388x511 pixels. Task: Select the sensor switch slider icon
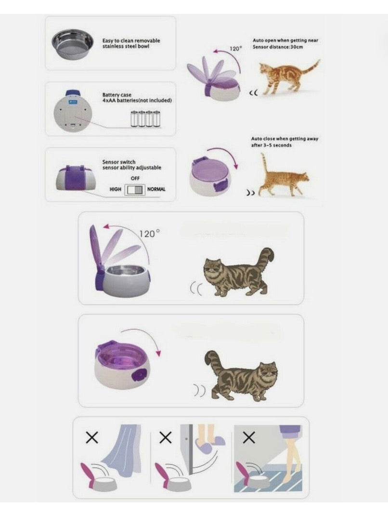pyautogui.click(x=135, y=190)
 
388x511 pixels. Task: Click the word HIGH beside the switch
pyautogui.click(x=116, y=190)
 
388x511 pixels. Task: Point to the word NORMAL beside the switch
pyautogui.click(x=156, y=189)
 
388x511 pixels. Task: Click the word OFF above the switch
pyautogui.click(x=135, y=178)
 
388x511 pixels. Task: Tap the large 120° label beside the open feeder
pyautogui.click(x=149, y=234)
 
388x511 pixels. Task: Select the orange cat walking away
pyautogui.click(x=282, y=179)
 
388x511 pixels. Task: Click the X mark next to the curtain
pyautogui.click(x=92, y=437)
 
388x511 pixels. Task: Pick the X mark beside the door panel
pyautogui.click(x=165, y=437)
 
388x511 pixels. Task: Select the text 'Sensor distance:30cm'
pyautogui.click(x=277, y=47)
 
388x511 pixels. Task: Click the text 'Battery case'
pyautogui.click(x=116, y=95)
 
